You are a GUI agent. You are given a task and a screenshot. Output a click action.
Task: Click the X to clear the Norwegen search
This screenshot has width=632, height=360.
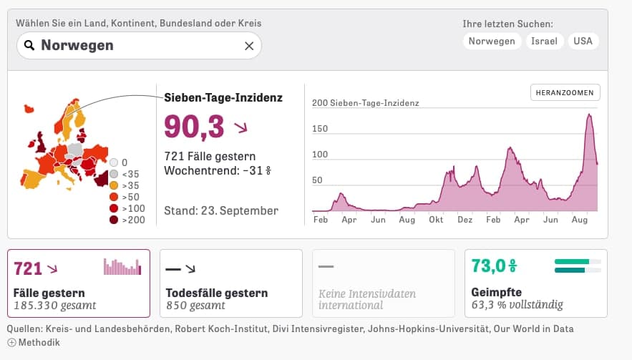click(249, 46)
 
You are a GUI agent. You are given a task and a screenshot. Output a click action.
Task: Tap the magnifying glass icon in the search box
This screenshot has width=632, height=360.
click(29, 45)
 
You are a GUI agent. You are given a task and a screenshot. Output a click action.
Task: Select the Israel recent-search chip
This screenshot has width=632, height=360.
click(544, 41)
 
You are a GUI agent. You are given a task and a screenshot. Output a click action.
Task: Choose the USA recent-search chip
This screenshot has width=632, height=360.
click(583, 41)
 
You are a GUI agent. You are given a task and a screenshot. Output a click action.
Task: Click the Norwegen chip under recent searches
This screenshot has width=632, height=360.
click(492, 41)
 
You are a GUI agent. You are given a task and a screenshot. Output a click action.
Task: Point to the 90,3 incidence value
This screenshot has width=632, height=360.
click(194, 127)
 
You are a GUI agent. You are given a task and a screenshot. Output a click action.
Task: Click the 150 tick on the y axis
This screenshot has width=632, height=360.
click(320, 129)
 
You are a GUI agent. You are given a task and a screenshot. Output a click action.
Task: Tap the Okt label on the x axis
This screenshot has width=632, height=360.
click(436, 220)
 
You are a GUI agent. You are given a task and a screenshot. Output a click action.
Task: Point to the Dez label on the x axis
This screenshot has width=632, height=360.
click(465, 220)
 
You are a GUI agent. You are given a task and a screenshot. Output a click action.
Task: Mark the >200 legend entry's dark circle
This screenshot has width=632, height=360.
click(114, 220)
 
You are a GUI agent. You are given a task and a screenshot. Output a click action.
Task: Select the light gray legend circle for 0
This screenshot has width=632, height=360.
click(114, 162)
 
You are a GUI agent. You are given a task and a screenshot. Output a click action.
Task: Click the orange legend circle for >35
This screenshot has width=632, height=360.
click(114, 185)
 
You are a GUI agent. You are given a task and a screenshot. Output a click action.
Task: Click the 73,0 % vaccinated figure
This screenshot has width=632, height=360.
click(494, 266)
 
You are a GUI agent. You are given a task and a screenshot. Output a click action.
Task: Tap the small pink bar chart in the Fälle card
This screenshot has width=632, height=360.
click(122, 267)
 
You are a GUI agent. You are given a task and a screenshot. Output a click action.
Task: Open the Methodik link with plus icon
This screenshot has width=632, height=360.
click(34, 342)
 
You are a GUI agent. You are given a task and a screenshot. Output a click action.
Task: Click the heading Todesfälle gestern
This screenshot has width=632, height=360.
click(217, 293)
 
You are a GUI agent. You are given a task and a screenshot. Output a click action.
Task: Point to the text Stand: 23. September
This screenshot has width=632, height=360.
click(221, 210)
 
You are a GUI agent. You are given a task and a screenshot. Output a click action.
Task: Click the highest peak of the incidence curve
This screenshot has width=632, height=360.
click(589, 115)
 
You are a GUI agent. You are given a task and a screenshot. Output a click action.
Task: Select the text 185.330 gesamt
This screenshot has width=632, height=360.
click(55, 305)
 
